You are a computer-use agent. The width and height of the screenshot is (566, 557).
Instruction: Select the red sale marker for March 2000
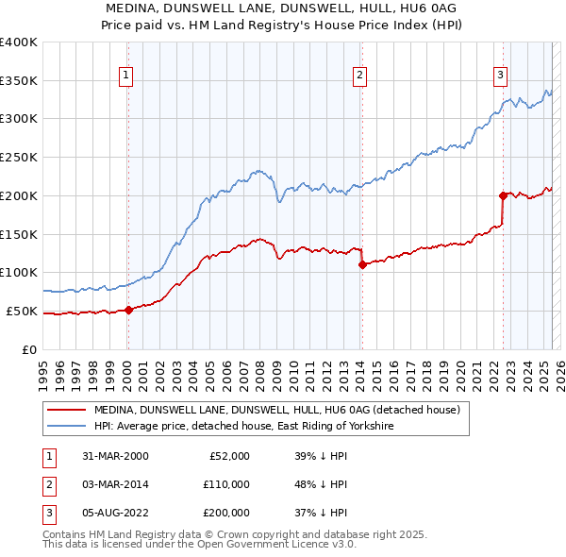tap(129, 310)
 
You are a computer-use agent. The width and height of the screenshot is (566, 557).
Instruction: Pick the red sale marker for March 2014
tap(362, 265)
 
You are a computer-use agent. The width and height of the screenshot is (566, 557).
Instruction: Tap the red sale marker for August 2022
tap(503, 195)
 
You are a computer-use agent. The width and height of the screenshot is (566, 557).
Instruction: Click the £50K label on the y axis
tap(21, 311)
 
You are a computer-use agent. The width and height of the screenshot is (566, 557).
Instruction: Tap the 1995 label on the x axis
tap(43, 368)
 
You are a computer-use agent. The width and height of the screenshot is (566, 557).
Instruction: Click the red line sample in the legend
tap(65, 410)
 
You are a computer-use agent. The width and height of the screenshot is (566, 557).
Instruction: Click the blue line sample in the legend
tap(65, 427)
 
